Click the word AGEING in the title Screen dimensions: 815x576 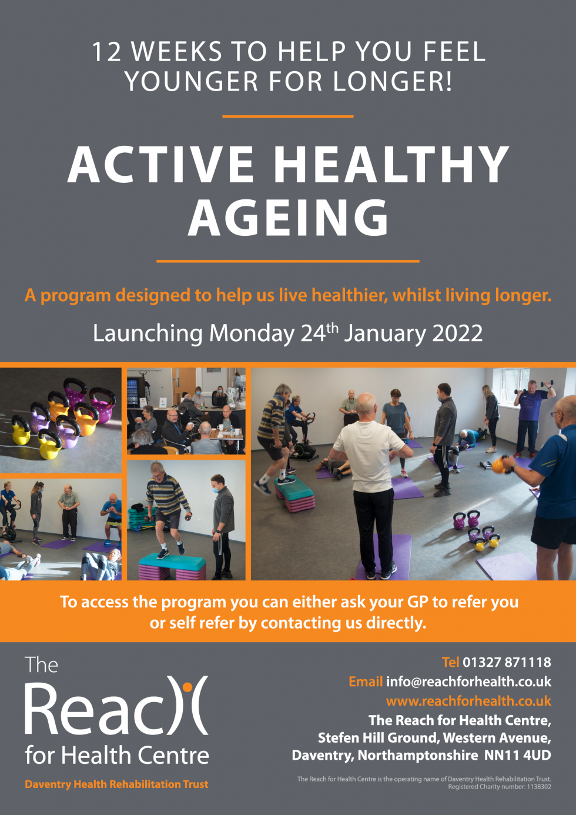click(288, 218)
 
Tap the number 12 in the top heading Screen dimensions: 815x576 click(106, 52)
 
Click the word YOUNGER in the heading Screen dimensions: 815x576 click(192, 81)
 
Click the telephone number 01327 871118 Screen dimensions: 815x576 click(507, 662)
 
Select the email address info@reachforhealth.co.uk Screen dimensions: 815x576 click(468, 682)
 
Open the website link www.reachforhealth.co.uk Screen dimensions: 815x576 click(468, 701)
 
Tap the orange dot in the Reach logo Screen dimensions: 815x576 click(187, 687)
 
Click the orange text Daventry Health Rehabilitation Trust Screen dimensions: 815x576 click(116, 784)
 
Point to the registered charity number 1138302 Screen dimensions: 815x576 click(539, 787)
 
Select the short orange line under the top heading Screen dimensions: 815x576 click(288, 116)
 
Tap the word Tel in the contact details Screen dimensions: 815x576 click(450, 662)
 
